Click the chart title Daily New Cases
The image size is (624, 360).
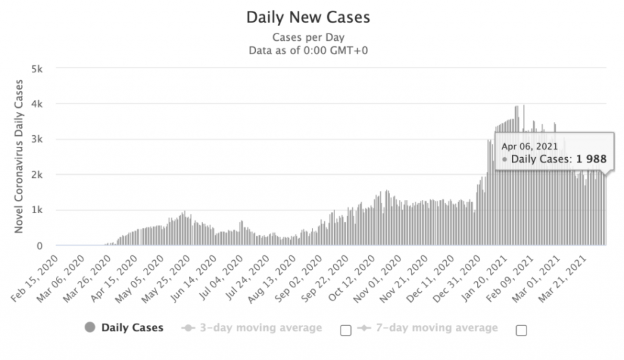tap(308, 17)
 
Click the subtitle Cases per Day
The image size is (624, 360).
tap(308, 37)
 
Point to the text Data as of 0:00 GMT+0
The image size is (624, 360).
tap(308, 50)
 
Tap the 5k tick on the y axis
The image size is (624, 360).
tap(37, 68)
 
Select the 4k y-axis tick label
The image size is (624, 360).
tap(37, 104)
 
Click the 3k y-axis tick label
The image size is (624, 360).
tap(37, 139)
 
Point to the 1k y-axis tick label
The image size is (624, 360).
tap(37, 210)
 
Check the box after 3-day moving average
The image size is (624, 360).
tap(346, 330)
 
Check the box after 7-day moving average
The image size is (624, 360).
tap(521, 330)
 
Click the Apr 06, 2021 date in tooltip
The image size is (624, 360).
tap(529, 146)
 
